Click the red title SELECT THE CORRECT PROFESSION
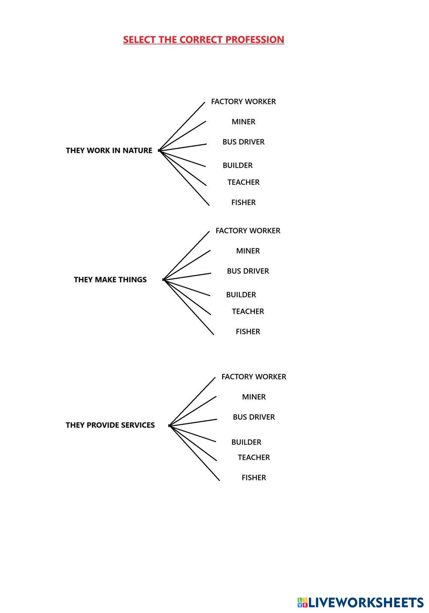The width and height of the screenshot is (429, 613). (x=203, y=39)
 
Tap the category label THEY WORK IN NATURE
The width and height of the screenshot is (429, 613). (x=109, y=151)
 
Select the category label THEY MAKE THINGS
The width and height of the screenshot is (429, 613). (x=110, y=280)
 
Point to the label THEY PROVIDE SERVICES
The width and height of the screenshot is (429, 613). (x=110, y=425)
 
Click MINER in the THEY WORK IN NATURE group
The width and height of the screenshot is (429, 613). (x=243, y=122)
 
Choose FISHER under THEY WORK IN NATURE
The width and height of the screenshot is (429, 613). (x=243, y=203)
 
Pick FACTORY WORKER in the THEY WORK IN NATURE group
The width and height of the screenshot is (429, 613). (x=243, y=102)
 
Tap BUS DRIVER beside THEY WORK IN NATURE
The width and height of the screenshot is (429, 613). (x=243, y=142)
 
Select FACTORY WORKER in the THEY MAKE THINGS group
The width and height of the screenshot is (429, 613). (x=248, y=231)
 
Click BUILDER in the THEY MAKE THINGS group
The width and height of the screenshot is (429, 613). (x=241, y=295)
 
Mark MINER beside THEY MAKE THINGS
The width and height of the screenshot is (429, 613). (x=248, y=251)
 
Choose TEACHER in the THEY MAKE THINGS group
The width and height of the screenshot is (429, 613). (x=248, y=311)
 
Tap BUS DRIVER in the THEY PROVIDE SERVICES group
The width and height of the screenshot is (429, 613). (x=254, y=417)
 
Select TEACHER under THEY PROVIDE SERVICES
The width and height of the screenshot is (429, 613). (x=254, y=457)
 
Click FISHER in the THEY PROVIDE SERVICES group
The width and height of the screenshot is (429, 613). (x=254, y=477)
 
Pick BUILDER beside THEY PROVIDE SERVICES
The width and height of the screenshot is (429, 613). (x=246, y=442)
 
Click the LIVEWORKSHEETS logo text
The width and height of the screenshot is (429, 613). (x=366, y=603)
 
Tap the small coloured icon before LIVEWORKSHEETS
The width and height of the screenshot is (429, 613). (x=302, y=603)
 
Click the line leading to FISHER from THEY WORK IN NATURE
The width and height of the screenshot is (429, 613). (x=184, y=178)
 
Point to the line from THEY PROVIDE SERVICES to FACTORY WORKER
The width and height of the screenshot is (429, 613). (x=192, y=401)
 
